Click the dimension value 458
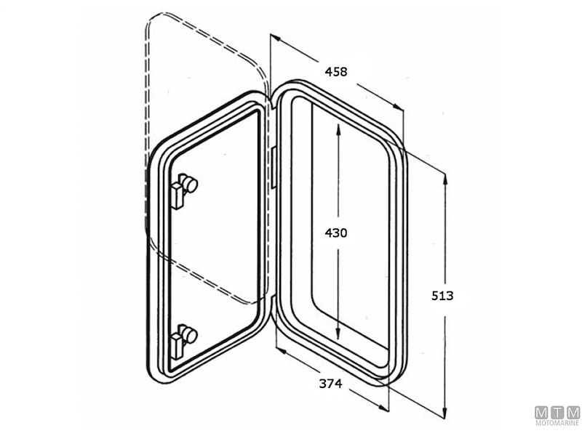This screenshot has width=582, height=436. [336, 71]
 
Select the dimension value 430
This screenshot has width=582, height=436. [336, 233]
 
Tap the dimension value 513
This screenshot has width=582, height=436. [442, 296]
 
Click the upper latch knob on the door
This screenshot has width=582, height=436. [189, 185]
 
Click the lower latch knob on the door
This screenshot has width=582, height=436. [189, 335]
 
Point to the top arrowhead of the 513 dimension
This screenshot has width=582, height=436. [444, 175]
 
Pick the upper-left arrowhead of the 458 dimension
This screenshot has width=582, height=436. [274, 39]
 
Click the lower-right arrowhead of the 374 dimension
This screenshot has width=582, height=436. [386, 411]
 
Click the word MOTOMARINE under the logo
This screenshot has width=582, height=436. [557, 423]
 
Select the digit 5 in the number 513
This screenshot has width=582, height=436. [435, 296]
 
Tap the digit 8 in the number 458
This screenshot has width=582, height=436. [343, 71]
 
